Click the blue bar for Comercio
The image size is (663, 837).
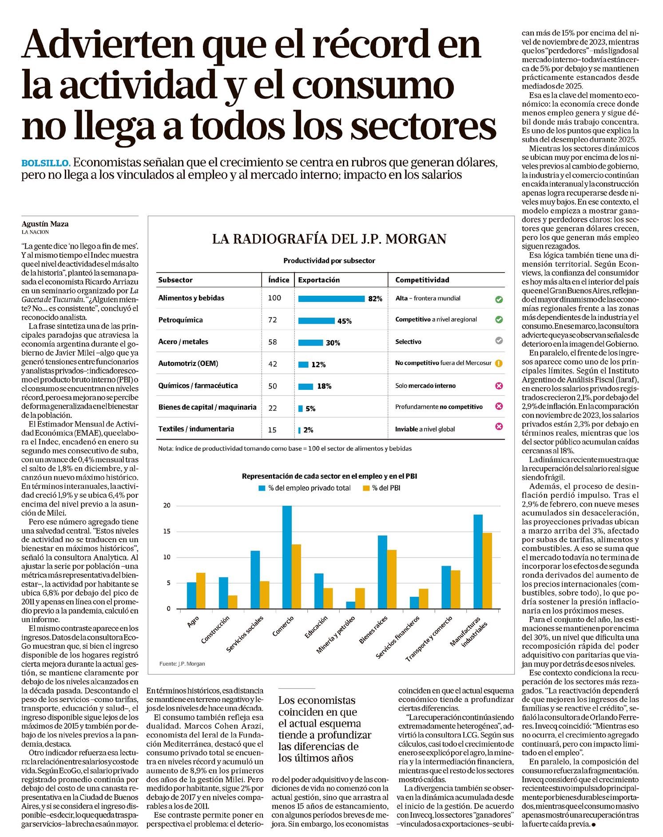(x=287, y=557)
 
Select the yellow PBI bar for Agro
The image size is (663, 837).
(x=201, y=591)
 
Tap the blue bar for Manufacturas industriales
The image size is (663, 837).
(x=478, y=561)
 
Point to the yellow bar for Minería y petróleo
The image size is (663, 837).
(x=360, y=598)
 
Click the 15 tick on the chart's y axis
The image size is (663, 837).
(x=167, y=532)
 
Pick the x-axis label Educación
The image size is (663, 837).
(x=317, y=627)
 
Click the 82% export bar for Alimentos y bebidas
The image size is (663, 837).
(x=331, y=299)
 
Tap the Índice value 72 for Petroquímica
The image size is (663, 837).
(x=273, y=320)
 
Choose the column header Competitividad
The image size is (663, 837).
(x=422, y=280)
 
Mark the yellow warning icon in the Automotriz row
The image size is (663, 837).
(x=499, y=363)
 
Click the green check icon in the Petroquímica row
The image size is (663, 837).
(x=499, y=319)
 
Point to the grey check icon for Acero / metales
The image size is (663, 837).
(x=499, y=341)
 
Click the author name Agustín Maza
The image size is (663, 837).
(x=45, y=224)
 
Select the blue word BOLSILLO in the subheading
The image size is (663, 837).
(x=46, y=163)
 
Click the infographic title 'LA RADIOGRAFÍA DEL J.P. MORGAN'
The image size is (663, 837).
(x=329, y=239)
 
